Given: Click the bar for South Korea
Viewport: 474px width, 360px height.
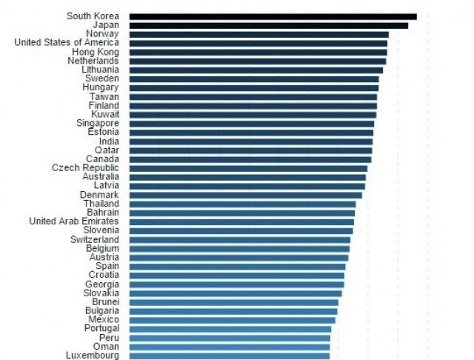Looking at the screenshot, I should click(x=273, y=16).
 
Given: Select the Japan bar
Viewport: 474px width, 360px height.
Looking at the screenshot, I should click(x=268, y=25).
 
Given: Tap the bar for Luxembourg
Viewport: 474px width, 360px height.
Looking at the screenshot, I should click(x=229, y=356).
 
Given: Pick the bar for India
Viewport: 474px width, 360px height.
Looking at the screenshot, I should click(x=250, y=141).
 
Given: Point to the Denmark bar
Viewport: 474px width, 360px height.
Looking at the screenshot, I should click(x=245, y=195).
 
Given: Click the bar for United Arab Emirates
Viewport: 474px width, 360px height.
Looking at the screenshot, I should click(x=241, y=221).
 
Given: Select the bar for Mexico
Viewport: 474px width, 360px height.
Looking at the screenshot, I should click(x=232, y=320).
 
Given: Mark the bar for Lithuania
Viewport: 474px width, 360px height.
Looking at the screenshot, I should click(x=256, y=70).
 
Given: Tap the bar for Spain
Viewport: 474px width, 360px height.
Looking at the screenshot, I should click(x=237, y=267).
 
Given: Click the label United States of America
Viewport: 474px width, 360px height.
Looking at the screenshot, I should click(x=66, y=43).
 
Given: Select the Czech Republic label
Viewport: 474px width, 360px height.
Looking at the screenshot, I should click(x=85, y=168).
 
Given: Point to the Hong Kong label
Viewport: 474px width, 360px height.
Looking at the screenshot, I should click(x=95, y=52).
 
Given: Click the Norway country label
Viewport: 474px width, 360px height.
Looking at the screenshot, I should click(x=101, y=34).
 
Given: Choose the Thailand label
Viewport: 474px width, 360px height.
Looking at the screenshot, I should click(x=100, y=204).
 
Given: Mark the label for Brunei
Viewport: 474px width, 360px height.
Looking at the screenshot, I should click(x=104, y=302).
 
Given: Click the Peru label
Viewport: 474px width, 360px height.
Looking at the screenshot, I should click(x=108, y=338).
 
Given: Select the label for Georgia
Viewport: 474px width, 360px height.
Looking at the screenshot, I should click(x=101, y=284).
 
